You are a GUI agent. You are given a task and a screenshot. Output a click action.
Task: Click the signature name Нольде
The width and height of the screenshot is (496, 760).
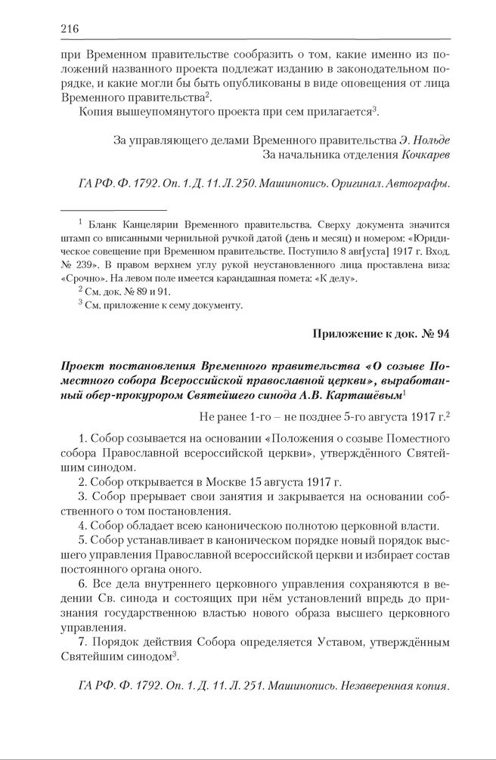[x=432, y=141]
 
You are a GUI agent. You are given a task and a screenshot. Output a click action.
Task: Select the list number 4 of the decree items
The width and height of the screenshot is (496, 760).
[x=82, y=526]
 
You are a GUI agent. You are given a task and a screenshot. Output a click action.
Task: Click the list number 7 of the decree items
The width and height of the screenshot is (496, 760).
[x=82, y=642]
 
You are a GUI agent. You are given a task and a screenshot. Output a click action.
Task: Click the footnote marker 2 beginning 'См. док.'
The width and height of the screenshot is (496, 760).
[x=81, y=290]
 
